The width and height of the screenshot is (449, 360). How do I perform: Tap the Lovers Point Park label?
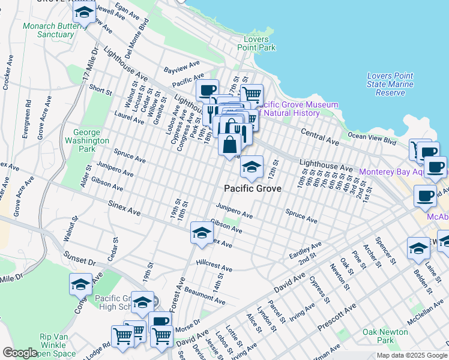coord(256,43)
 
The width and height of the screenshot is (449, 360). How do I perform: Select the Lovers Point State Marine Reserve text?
coord(390,84)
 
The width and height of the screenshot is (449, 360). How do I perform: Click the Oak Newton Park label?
coord(385,337)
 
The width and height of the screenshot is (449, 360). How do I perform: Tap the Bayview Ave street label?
coord(185,65)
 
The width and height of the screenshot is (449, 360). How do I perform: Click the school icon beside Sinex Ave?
coord(202,232)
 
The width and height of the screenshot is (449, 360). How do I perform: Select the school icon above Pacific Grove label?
coord(252,167)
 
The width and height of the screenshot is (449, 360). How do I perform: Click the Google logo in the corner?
coord(19,353)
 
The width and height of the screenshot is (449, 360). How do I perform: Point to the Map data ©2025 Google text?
coord(412,355)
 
